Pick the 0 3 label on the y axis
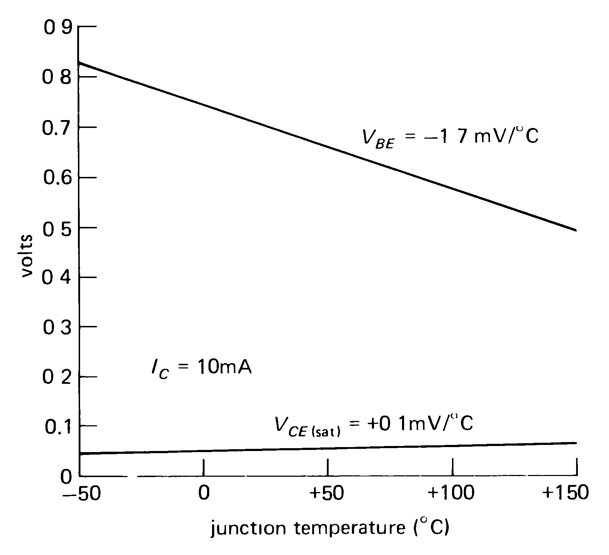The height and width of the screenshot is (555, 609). (57, 327)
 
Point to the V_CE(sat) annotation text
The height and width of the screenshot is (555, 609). (374, 424)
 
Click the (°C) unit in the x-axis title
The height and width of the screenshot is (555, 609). (431, 528)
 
